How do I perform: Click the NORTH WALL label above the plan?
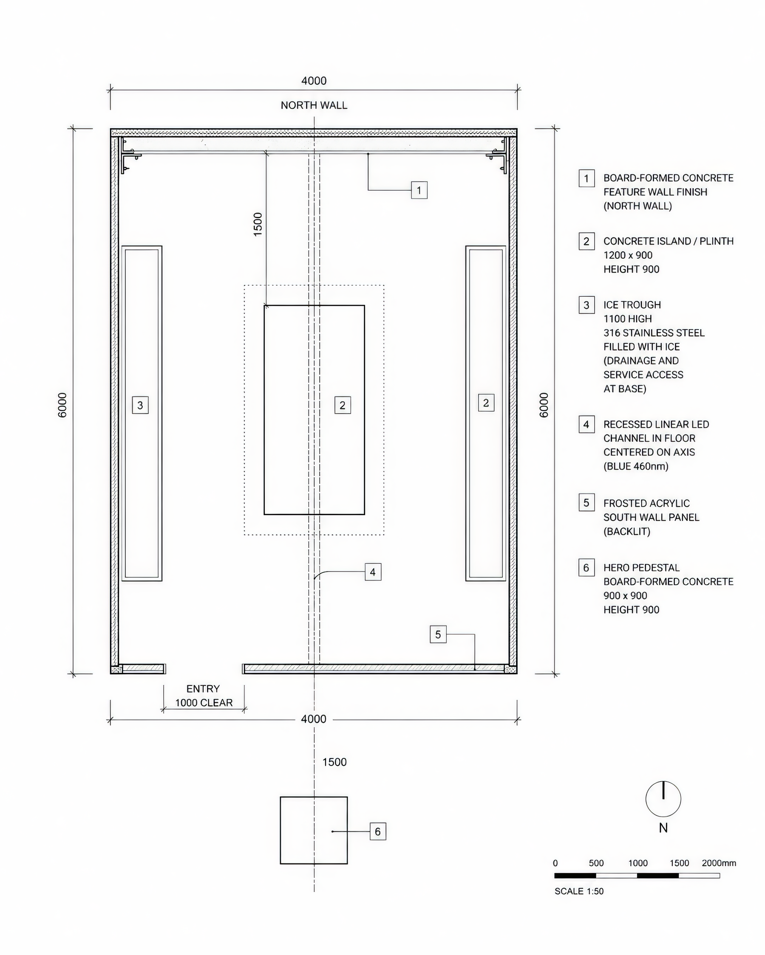tap(314, 105)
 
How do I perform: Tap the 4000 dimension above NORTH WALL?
tap(314, 81)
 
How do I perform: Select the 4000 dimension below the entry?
tap(313, 719)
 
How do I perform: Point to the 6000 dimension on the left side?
tap(62, 405)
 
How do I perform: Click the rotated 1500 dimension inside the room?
tap(258, 225)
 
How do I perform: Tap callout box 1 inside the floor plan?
tap(419, 191)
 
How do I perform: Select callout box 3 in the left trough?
tap(140, 405)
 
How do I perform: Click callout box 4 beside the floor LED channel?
tap(373, 572)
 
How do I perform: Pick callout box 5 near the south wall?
tap(438, 634)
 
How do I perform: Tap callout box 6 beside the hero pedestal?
tap(378, 831)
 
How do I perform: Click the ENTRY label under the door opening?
tap(203, 689)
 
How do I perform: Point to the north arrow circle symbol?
tap(663, 799)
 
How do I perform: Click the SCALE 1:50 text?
tap(579, 891)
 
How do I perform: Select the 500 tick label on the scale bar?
tap(596, 863)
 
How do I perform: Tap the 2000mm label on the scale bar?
tap(719, 863)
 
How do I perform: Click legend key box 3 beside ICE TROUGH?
tap(586, 305)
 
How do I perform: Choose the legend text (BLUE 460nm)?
tap(635, 466)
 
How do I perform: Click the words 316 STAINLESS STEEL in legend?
tap(654, 332)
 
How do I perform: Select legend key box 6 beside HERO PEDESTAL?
tap(586, 567)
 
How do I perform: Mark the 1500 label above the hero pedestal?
tap(334, 762)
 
